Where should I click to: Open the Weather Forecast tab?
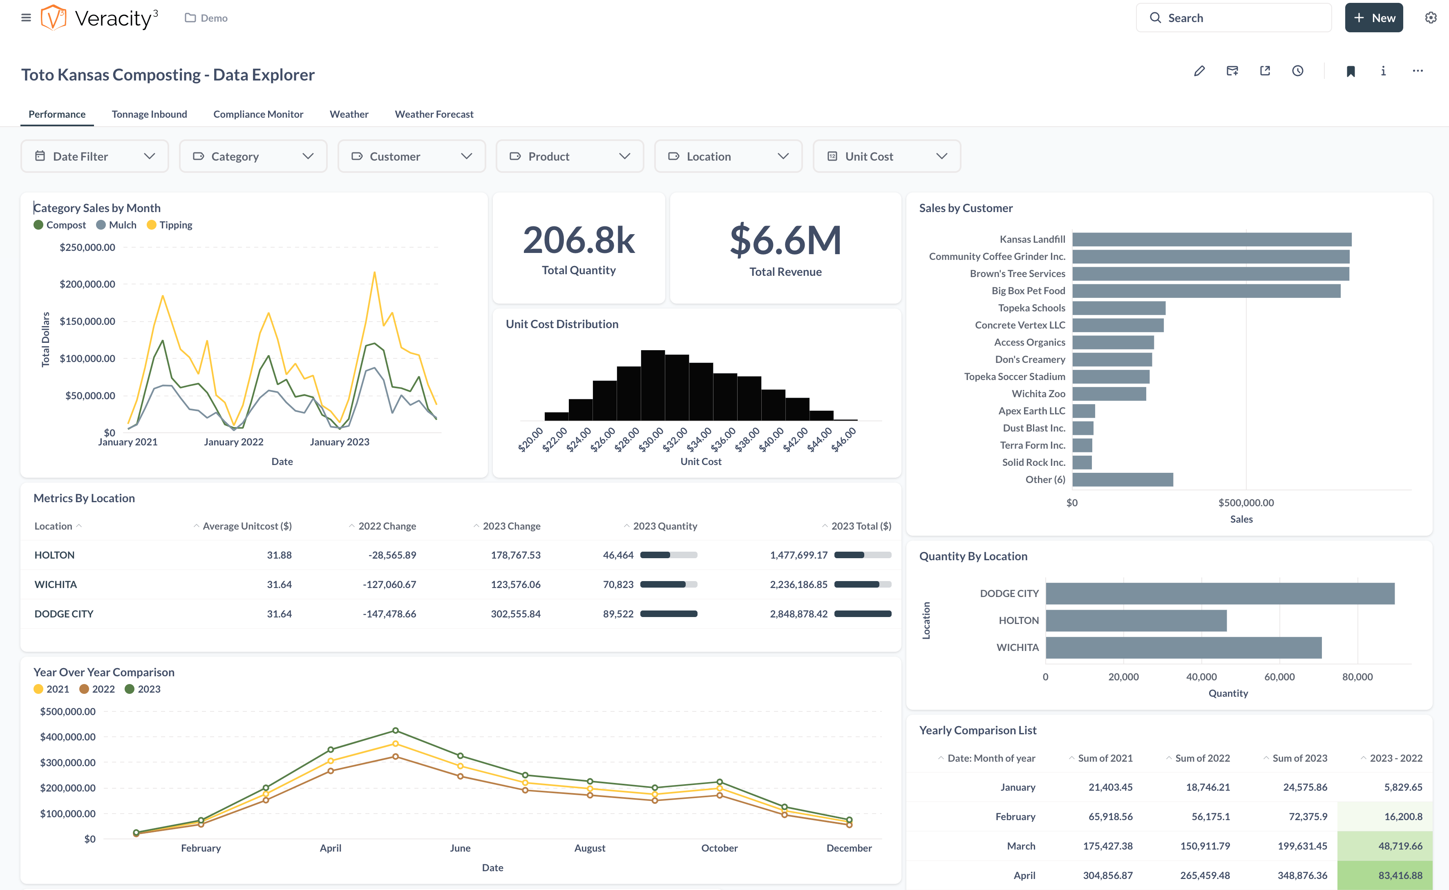(434, 114)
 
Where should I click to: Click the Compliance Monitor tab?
(258, 114)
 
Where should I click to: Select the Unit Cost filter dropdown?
(886, 156)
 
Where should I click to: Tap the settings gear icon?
(1430, 18)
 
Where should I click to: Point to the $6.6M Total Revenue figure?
(785, 242)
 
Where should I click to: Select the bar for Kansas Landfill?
(1211, 239)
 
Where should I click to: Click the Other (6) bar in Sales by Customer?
(1122, 480)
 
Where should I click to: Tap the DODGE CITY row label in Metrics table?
(64, 614)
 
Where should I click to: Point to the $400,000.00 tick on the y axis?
(68, 737)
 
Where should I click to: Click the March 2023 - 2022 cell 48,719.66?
(1400, 846)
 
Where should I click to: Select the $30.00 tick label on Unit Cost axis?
(651, 440)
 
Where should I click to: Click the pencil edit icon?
(1199, 71)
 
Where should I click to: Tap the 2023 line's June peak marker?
(396, 731)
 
